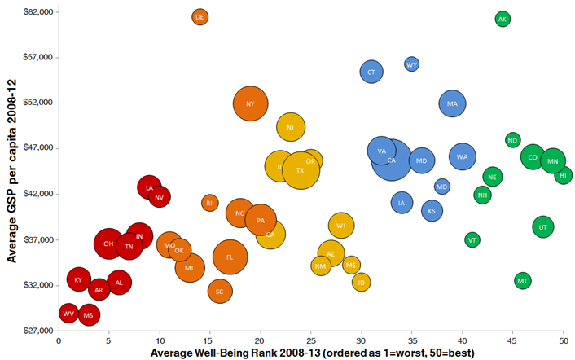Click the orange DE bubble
click(x=200, y=17)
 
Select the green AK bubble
click(x=503, y=19)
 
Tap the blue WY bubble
click(x=412, y=64)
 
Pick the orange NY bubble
click(x=251, y=103)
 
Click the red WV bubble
click(x=68, y=314)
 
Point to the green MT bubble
click(x=523, y=281)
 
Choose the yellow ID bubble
click(x=362, y=283)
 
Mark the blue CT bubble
click(x=371, y=72)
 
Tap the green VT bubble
click(x=472, y=240)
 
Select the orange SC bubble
click(x=220, y=292)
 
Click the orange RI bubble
click(x=210, y=203)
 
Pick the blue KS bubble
click(x=432, y=211)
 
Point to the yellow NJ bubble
click(x=291, y=127)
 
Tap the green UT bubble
click(x=543, y=227)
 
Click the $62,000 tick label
click(x=38, y=12)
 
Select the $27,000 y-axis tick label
click(x=38, y=331)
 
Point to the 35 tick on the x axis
click(x=412, y=341)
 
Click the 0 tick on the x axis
click(x=59, y=341)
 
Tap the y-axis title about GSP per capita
click(x=11, y=171)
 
